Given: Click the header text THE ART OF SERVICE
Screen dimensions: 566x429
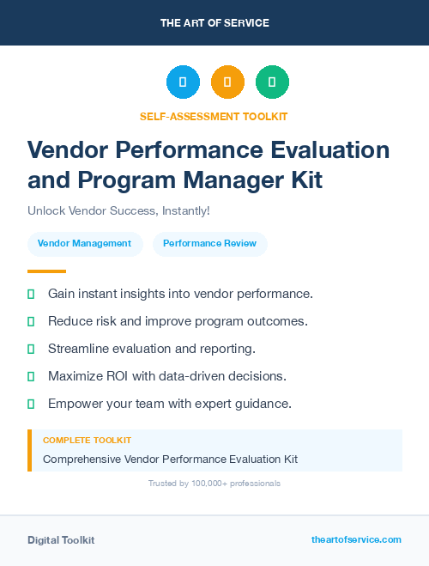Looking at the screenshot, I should click(x=214, y=23).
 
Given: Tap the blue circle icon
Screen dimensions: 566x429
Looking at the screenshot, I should click(x=183, y=82).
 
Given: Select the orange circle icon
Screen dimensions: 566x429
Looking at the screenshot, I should click(x=227, y=82).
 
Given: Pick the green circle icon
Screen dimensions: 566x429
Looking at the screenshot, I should click(x=272, y=82).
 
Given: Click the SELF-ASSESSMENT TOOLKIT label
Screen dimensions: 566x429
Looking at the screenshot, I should click(x=214, y=116).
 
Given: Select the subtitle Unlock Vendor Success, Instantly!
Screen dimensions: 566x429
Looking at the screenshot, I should click(x=118, y=211).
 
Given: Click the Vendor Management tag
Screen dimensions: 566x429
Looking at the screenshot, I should click(x=84, y=243).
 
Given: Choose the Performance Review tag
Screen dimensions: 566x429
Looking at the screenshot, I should click(x=209, y=243).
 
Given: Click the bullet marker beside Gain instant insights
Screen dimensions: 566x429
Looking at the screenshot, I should click(x=31, y=294).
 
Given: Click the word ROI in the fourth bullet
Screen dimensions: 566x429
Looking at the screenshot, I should click(x=121, y=376).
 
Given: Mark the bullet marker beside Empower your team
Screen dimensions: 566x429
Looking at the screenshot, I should click(x=31, y=404).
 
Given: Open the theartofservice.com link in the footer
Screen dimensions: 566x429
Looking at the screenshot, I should click(x=356, y=539).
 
